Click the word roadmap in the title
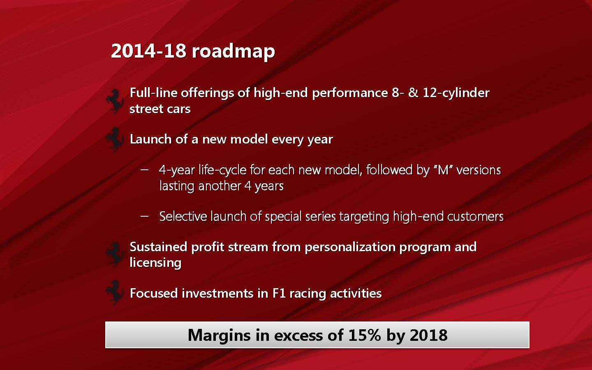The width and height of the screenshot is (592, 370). tap(234, 52)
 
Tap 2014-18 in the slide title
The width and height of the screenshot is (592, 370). tap(148, 51)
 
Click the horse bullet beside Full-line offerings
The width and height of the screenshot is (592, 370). tap(115, 102)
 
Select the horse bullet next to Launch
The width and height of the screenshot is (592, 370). tap(115, 140)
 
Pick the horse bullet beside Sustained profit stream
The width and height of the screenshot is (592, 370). tap(115, 255)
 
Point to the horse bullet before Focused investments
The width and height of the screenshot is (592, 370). tap(115, 293)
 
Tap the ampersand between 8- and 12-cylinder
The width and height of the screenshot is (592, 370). tap(413, 93)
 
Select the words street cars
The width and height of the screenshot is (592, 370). tap(160, 109)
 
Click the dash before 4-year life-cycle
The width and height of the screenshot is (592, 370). tap(144, 170)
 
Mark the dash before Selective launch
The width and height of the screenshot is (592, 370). tap(144, 216)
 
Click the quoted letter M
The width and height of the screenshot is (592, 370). tap(443, 170)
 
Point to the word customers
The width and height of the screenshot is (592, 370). tap(475, 216)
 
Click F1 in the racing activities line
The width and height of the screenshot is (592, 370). tap(279, 294)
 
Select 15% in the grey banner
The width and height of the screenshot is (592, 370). tap(365, 335)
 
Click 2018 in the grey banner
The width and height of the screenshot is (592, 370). tap(429, 335)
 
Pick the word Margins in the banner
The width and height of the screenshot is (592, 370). tap(219, 335)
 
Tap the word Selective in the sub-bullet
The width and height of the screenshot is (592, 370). tap(183, 216)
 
